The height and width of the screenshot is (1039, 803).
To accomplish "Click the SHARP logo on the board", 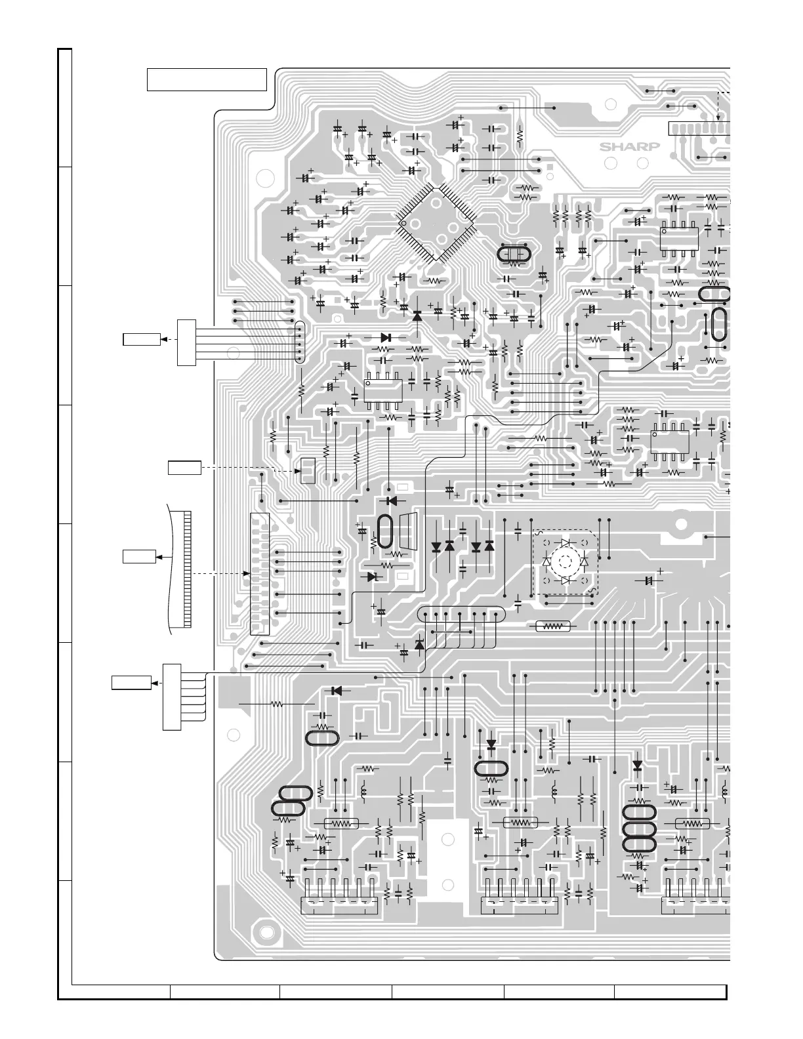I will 628,147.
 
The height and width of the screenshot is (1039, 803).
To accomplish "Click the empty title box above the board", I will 207,79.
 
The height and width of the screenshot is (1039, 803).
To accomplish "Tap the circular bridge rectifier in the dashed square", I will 564,561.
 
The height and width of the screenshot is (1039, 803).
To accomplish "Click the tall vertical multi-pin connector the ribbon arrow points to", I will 260,573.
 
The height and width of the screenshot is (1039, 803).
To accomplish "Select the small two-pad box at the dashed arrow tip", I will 308,470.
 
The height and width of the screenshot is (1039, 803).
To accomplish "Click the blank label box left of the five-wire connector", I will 142,339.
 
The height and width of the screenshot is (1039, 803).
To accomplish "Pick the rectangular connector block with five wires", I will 186,342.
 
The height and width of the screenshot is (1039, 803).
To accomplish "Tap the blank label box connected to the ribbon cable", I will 139,556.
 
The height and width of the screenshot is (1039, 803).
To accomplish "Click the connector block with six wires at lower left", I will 171,697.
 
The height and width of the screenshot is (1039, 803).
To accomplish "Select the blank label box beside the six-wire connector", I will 131,683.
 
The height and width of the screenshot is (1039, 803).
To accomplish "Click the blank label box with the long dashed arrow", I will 184,468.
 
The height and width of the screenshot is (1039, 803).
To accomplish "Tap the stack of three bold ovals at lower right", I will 638,828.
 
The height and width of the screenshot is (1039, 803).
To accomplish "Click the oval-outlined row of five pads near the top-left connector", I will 300,342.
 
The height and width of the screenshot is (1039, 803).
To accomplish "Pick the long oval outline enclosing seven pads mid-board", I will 462,615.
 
